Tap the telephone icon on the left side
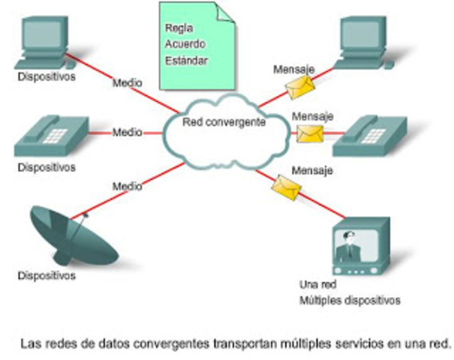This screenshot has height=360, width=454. pyautogui.click(x=53, y=136)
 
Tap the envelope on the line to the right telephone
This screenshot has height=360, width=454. pyautogui.click(x=309, y=134)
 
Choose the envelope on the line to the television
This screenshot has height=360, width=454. pyautogui.click(x=284, y=184)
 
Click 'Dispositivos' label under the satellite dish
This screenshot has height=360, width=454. pyautogui.click(x=47, y=276)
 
